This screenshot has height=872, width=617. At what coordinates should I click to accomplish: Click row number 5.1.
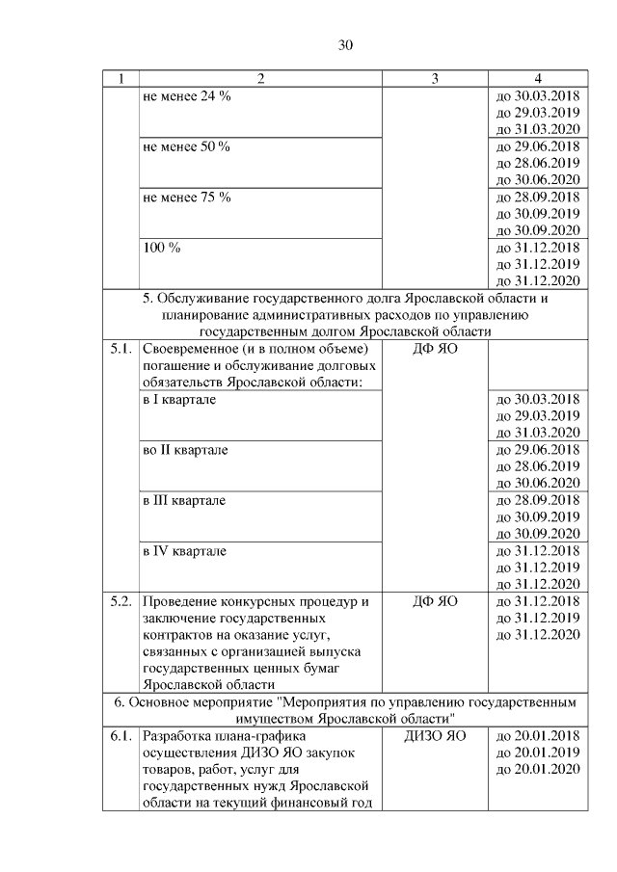pyautogui.click(x=121, y=348)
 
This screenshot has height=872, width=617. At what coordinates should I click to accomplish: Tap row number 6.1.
pyautogui.click(x=121, y=736)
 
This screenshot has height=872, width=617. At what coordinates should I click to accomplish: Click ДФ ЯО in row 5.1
pyautogui.click(x=435, y=348)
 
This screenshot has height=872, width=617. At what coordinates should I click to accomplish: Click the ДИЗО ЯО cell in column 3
pyautogui.click(x=435, y=736)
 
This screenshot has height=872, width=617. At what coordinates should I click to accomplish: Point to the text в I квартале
pyautogui.click(x=178, y=399)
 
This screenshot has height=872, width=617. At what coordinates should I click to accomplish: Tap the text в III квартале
pyautogui.click(x=184, y=500)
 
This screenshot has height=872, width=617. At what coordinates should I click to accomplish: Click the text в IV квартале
pyautogui.click(x=184, y=550)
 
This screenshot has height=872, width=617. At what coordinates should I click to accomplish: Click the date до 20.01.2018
pyautogui.click(x=536, y=736)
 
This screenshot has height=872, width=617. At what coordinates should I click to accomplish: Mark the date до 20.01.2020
pyautogui.click(x=536, y=770)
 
